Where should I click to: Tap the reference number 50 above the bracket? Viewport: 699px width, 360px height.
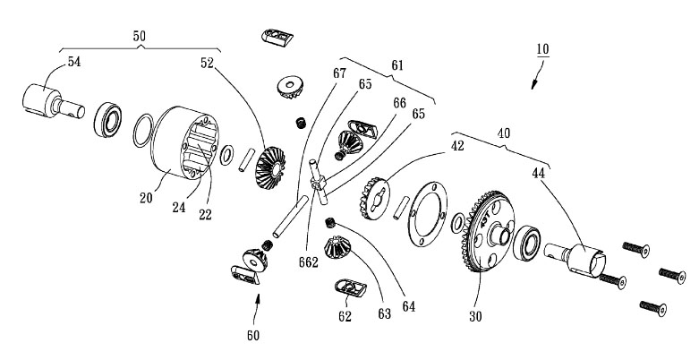pos(139,36)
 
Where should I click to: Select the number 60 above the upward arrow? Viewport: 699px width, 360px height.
pos(254,336)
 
